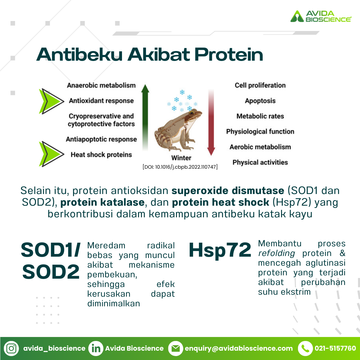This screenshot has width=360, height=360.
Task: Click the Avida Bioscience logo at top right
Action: [x=321, y=16]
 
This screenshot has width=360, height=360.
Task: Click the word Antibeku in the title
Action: [x=79, y=55]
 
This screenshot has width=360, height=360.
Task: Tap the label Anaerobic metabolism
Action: [x=101, y=85]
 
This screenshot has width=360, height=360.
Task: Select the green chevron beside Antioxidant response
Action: [x=51, y=101]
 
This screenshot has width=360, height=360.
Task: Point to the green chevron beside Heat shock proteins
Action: [x=51, y=154]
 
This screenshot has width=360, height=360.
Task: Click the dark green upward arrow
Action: [x=145, y=117]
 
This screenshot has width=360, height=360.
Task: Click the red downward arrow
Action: [x=211, y=122]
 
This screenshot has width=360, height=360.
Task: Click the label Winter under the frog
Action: [x=181, y=158]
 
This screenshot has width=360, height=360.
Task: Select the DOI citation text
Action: [x=180, y=167]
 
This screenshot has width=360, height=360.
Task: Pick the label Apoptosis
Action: [x=260, y=101]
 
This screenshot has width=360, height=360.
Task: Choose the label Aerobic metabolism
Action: [x=260, y=147]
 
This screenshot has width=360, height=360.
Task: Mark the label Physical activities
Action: [x=260, y=162]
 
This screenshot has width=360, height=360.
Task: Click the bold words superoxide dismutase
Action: [x=228, y=191]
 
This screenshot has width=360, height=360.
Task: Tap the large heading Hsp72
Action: [x=220, y=250]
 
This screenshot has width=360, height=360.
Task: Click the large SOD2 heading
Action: [x=51, y=271]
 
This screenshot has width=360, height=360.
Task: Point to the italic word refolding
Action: [x=276, y=253]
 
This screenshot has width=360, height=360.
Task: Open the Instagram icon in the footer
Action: [x=11, y=348]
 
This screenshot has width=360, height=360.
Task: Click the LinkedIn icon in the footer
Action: [x=96, y=348]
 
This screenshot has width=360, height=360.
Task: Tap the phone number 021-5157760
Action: [x=335, y=348]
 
